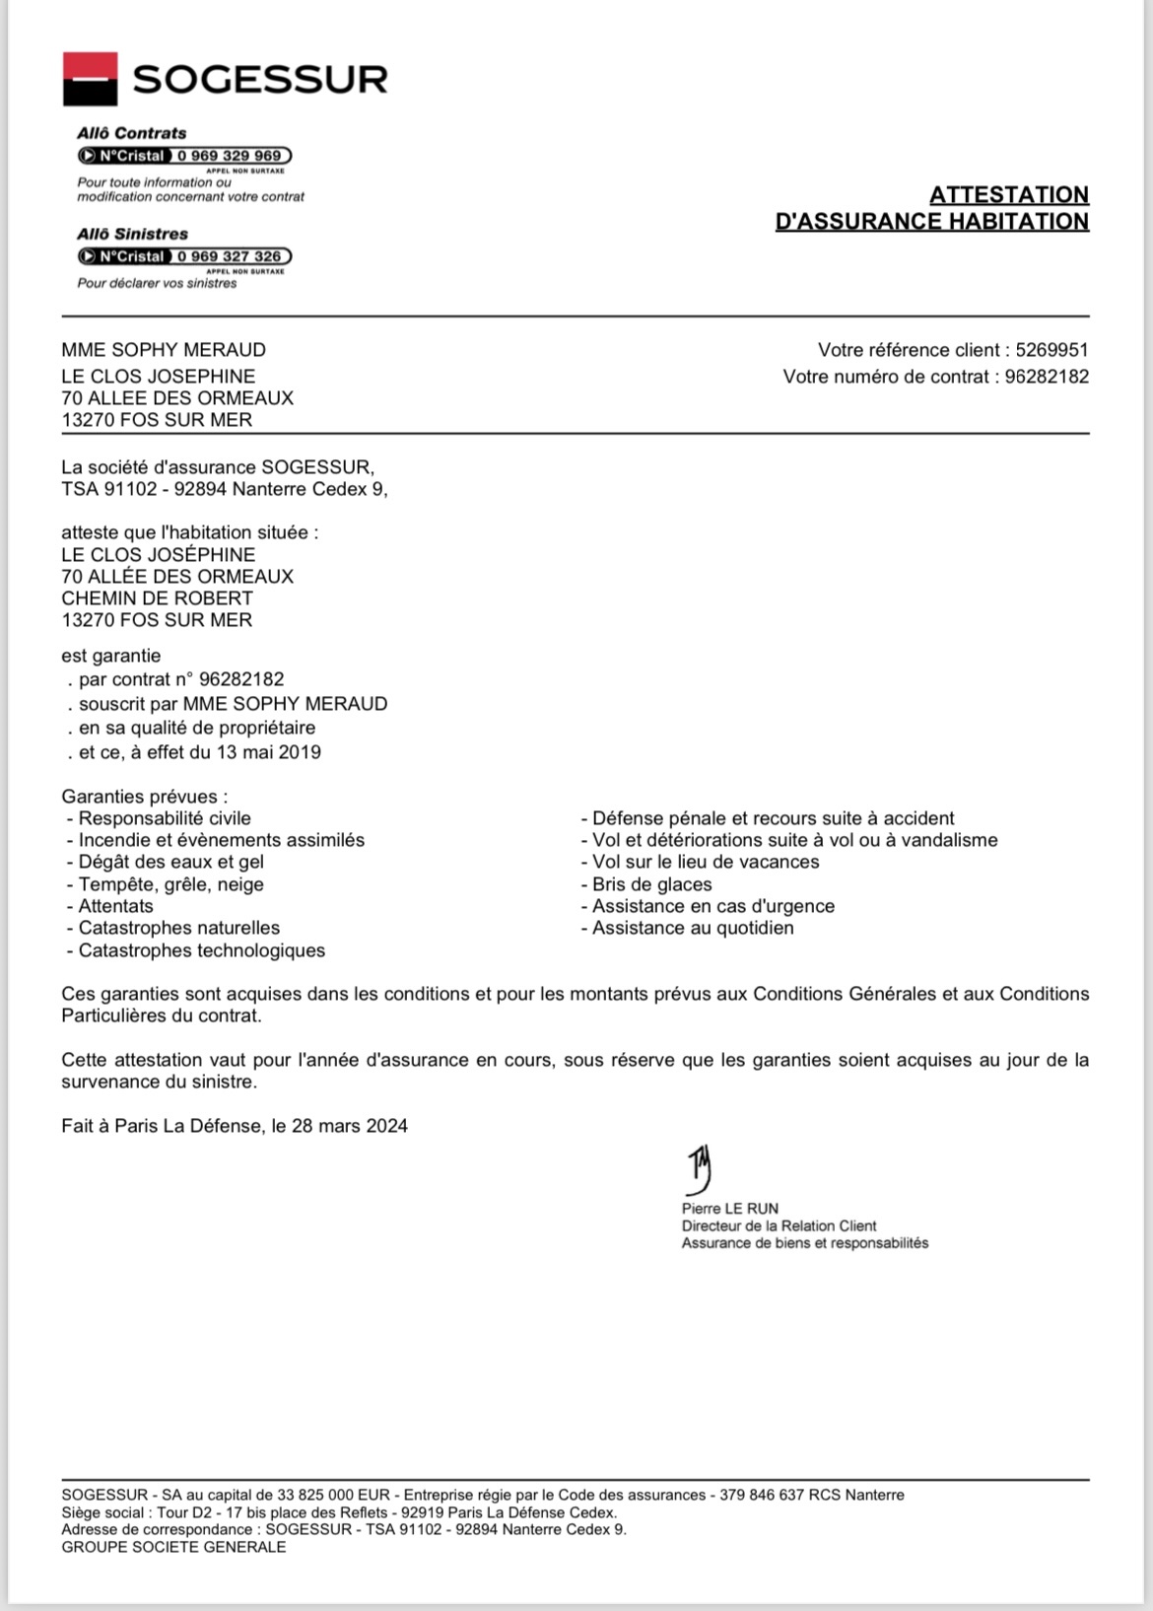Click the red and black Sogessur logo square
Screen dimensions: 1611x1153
tap(90, 79)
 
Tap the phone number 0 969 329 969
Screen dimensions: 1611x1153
tap(229, 156)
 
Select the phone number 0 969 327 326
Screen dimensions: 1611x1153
tap(229, 256)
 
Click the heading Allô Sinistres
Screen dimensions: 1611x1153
tap(132, 234)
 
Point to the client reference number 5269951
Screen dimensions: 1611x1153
tap(1051, 350)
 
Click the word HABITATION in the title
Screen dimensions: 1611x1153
tap(1018, 221)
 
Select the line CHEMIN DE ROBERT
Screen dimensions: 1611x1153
tap(157, 598)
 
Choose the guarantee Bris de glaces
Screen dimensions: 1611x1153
tap(651, 884)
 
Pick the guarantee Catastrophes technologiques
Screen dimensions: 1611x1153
tap(201, 950)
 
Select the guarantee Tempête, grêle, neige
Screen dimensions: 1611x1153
tap(170, 884)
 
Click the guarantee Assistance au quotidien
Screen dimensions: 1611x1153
tap(692, 928)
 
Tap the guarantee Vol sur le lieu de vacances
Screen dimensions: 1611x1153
tap(705, 862)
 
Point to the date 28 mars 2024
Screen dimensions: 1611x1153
tap(349, 1126)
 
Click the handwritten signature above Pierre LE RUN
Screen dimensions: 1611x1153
tap(700, 1169)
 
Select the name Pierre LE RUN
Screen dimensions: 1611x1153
tap(729, 1209)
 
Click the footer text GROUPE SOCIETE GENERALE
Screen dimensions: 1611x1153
tap(173, 1547)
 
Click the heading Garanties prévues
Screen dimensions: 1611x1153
tap(144, 797)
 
